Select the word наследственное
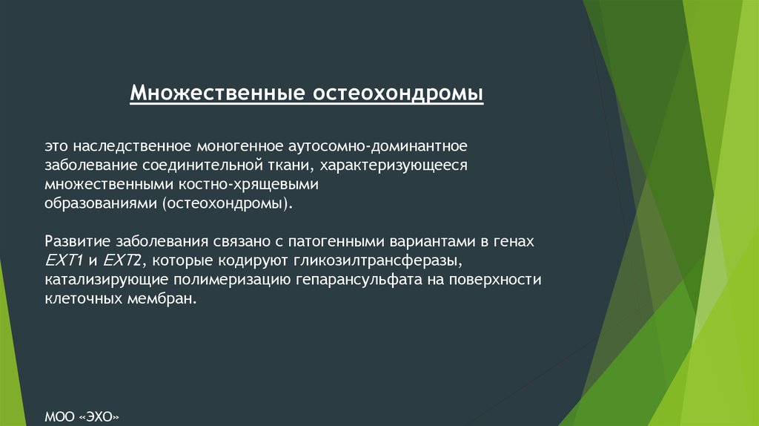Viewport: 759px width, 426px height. tap(132, 146)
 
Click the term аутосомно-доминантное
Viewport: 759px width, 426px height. tap(377, 146)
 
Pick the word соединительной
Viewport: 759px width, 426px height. tap(203, 166)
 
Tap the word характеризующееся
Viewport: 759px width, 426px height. tap(394, 166)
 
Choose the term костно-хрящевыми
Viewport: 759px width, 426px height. tap(249, 185)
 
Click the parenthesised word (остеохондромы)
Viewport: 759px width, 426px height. tap(228, 203)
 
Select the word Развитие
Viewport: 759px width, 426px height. tap(78, 241)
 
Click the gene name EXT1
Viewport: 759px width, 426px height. tap(64, 260)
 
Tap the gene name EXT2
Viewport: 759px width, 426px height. tap(122, 260)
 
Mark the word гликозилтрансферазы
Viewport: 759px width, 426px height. tap(377, 260)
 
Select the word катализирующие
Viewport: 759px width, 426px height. tap(107, 280)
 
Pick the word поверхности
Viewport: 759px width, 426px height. tap(494, 280)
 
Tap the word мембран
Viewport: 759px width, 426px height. tap(162, 298)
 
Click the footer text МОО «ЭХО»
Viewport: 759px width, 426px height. tap(82, 417)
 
